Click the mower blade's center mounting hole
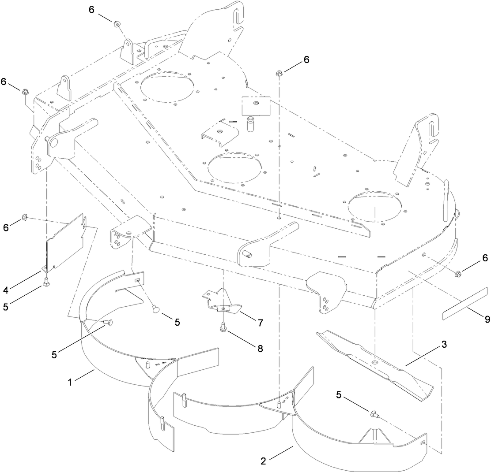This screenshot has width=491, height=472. point(374,362)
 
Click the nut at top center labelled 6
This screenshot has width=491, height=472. point(279,73)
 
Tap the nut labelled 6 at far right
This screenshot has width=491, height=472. point(458,275)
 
